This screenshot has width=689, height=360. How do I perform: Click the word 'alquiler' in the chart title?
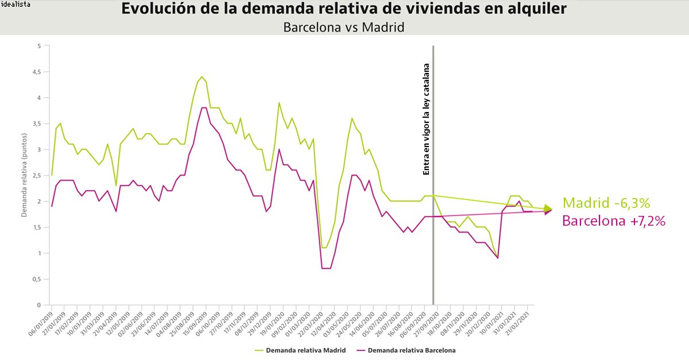(539, 10)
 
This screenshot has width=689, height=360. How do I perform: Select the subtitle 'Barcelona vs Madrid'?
(344, 27)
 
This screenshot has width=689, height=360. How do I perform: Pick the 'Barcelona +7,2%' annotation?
(614, 221)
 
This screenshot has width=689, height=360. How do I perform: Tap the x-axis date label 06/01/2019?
(41, 324)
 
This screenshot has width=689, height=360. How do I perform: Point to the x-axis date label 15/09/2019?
(197, 324)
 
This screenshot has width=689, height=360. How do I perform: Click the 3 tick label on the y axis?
(38, 150)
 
